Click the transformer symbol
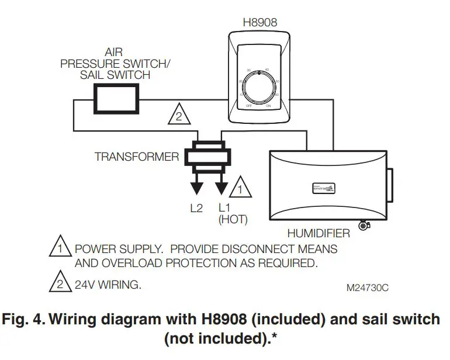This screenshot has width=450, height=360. tap(209, 156)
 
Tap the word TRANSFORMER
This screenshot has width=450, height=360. tap(137, 157)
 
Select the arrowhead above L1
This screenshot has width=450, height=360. tap(221, 188)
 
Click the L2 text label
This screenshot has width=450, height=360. tap(196, 207)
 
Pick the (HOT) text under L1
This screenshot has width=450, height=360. tap(233, 220)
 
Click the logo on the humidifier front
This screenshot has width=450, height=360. tap(321, 188)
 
